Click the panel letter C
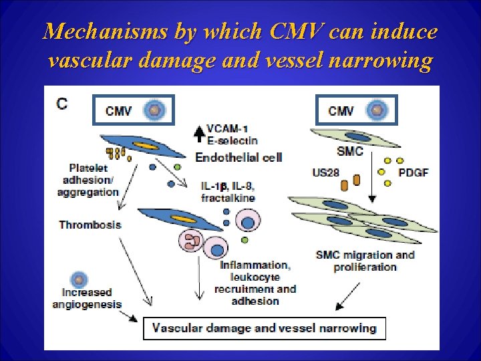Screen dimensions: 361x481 62,104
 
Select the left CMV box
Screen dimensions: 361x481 132,110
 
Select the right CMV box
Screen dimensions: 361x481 356,110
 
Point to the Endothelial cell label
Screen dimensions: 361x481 238,157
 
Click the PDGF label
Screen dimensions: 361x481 413,172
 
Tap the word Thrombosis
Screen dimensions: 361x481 90,225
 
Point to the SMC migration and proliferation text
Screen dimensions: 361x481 365,261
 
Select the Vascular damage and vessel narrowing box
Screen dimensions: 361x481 264,328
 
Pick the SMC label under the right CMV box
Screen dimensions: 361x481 350,151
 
